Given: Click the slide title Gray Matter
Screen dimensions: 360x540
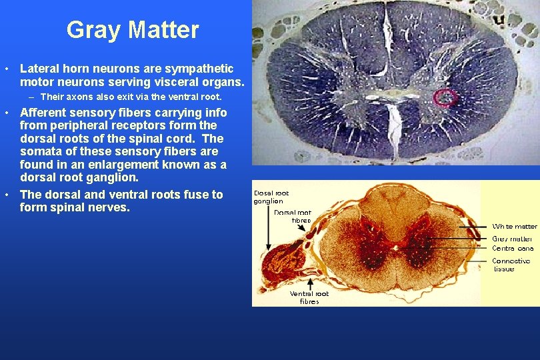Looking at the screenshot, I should [x=133, y=30].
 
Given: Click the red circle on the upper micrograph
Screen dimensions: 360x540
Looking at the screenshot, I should [x=445, y=99].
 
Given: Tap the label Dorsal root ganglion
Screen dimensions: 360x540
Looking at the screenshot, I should [x=272, y=197].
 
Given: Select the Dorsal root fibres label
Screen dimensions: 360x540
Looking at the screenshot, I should [x=292, y=216].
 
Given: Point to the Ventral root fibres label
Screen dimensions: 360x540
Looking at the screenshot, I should [x=309, y=297].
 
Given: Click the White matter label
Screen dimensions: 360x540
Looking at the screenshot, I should [x=514, y=227].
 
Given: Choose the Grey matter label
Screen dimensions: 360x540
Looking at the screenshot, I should [x=512, y=238].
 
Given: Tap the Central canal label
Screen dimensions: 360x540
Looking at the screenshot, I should [x=512, y=248].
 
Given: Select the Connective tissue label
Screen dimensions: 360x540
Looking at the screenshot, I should [x=511, y=265].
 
